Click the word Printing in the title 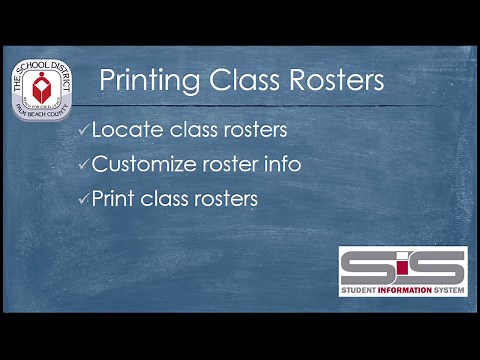pyautogui.click(x=150, y=80)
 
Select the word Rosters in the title pyautogui.click(x=334, y=80)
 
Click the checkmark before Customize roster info pyautogui.click(x=83, y=164)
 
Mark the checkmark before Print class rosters pyautogui.click(x=83, y=199)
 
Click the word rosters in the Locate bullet pyautogui.click(x=252, y=130)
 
